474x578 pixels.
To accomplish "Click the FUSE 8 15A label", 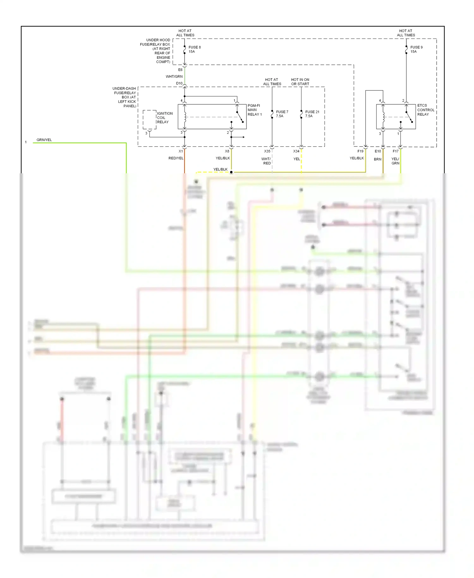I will (194, 49).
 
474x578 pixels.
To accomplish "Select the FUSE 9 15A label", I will (416, 49).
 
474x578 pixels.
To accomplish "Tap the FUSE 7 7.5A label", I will (282, 114).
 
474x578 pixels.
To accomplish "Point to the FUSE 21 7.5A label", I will (312, 114).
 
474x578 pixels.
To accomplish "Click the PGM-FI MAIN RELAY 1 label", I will (254, 110).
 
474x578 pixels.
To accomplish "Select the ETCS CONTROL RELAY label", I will (425, 110).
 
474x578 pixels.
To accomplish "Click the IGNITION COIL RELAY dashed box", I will (149, 120).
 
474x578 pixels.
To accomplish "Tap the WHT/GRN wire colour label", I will (174, 77).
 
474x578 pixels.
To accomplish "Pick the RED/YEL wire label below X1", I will (176, 158).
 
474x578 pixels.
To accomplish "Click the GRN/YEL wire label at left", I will (44, 140).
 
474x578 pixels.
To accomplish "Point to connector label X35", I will (267, 151).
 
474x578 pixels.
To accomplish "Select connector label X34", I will (296, 151).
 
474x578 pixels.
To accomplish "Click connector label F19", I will (360, 151).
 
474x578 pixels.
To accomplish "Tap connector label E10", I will (378, 151).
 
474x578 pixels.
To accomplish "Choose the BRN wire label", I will (378, 159).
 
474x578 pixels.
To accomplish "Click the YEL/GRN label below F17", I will (395, 161).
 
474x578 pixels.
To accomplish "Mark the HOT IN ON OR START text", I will (300, 82).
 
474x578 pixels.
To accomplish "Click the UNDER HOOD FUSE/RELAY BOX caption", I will (156, 51).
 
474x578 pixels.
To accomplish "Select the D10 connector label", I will (179, 83).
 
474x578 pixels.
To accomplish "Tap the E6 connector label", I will (180, 70).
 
